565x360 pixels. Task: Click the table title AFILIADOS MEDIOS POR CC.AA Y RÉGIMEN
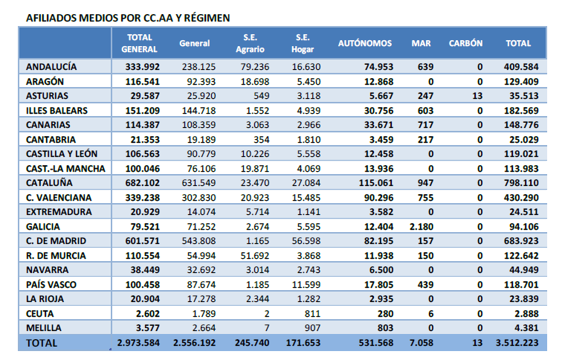point(128,18)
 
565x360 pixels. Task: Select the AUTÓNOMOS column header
point(365,43)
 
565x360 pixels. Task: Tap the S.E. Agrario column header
point(250,43)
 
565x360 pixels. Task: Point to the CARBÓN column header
point(465,43)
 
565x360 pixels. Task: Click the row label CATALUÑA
point(49,183)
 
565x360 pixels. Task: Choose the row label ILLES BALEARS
point(56,111)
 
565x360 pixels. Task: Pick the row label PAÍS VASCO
point(51,284)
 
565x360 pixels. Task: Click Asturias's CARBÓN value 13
point(477,96)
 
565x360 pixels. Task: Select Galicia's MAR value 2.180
point(422,227)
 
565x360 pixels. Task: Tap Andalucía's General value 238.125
point(198,67)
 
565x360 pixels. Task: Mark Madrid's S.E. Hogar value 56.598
point(306,241)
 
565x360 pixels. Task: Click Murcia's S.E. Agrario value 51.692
point(255,255)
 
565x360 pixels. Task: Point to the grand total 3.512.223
point(517,343)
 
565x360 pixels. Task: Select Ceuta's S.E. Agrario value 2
point(267,314)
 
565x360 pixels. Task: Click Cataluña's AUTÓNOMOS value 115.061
point(376,183)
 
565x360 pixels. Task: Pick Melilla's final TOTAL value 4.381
point(526,328)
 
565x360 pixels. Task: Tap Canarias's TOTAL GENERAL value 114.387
point(142,125)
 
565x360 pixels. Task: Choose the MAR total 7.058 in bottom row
point(422,343)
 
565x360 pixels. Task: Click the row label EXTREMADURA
point(59,212)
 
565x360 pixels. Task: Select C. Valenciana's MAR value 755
point(425,197)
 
